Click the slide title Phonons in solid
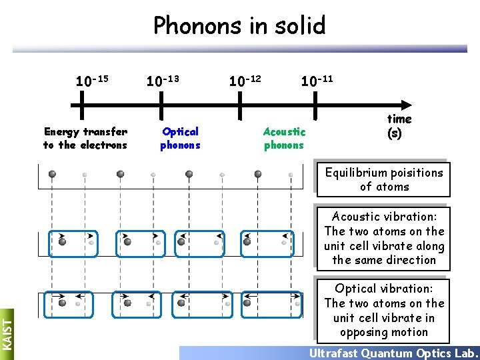(x=239, y=26)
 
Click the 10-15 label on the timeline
(x=92, y=81)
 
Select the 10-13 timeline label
(x=163, y=81)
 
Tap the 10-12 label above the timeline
(x=245, y=81)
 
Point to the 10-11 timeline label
(x=317, y=81)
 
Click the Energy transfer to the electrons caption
(x=85, y=139)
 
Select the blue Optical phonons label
(x=180, y=139)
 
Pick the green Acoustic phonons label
(x=284, y=139)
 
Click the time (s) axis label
(x=399, y=125)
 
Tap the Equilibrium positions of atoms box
(x=383, y=179)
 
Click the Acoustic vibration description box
(x=383, y=238)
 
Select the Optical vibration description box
(x=383, y=310)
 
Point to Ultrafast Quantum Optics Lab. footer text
(x=393, y=353)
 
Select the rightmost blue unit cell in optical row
(x=266, y=305)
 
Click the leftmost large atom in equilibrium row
(x=52, y=174)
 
